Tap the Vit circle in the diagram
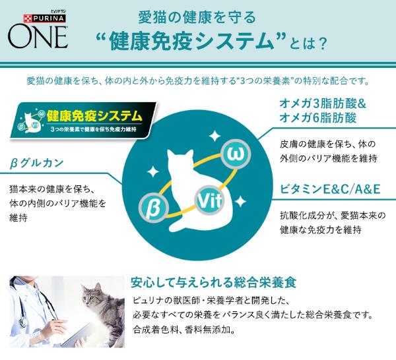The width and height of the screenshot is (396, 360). pyautogui.click(x=207, y=199)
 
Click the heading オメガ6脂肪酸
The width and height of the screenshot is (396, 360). pyautogui.click(x=319, y=119)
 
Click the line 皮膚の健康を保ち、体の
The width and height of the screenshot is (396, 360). pyautogui.click(x=327, y=144)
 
